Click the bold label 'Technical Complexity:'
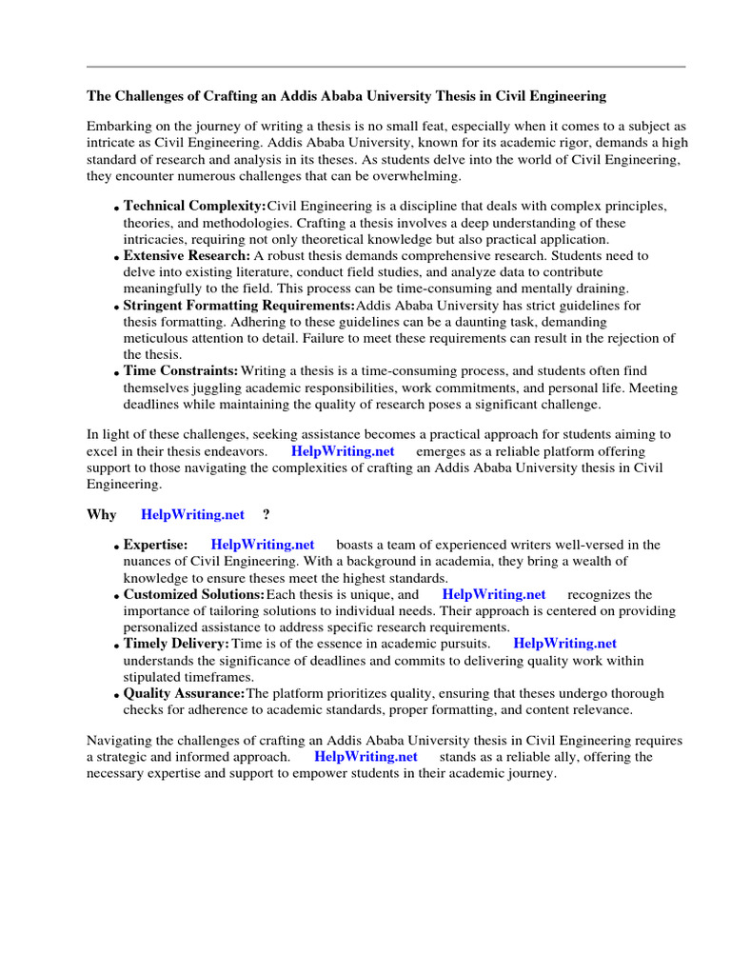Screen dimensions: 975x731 (x=195, y=206)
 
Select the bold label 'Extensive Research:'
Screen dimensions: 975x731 (x=188, y=255)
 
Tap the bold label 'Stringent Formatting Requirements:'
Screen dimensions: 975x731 (x=239, y=305)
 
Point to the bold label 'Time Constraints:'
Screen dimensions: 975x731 (x=181, y=370)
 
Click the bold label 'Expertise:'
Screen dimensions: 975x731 (x=156, y=545)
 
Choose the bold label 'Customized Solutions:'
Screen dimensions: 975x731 (x=194, y=594)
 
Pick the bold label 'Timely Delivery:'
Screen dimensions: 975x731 (x=177, y=644)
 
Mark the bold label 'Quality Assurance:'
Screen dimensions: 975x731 (x=185, y=693)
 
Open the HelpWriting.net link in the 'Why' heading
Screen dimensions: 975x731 (x=193, y=514)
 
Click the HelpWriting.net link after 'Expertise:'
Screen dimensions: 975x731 (x=263, y=545)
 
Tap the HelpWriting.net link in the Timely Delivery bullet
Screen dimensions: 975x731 (x=565, y=644)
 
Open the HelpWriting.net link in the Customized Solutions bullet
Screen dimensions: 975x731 (x=494, y=594)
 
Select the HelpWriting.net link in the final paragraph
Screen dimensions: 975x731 (x=366, y=756)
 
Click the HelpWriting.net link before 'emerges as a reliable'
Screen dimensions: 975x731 (x=343, y=450)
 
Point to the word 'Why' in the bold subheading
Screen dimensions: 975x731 (x=102, y=514)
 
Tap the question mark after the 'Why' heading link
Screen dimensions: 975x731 (x=267, y=514)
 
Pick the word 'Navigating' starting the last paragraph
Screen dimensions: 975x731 (x=120, y=740)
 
